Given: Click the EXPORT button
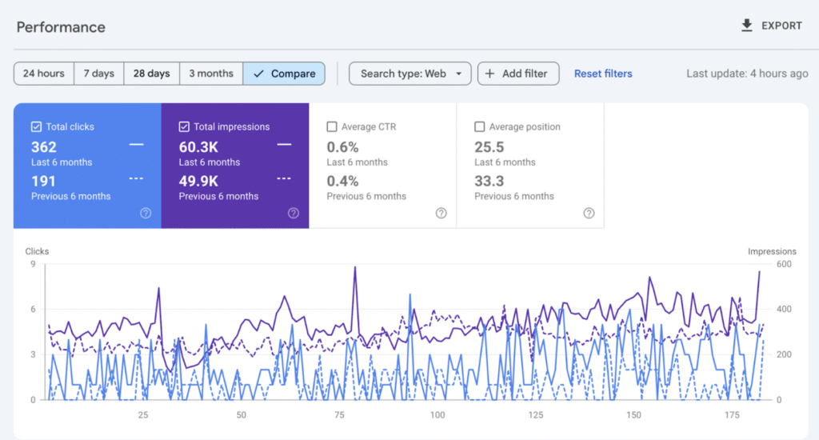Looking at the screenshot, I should [771, 26].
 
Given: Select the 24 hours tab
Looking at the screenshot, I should [44, 74].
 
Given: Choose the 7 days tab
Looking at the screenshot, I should [99, 74].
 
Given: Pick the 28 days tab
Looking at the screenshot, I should [151, 74].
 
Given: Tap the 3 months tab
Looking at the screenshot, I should [211, 74].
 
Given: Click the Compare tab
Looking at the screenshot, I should [284, 74].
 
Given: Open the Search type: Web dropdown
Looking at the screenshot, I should [410, 74].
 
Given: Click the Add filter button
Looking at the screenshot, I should [517, 74].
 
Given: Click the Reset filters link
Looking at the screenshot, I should [603, 74].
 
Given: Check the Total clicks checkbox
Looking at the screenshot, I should [36, 126].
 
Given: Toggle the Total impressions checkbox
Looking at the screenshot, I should [184, 126].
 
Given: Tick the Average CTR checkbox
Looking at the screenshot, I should [332, 126].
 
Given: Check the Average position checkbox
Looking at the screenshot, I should [480, 126].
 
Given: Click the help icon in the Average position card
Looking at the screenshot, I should [589, 213].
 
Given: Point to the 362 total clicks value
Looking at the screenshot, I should [44, 147].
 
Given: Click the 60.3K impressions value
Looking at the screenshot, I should [198, 147].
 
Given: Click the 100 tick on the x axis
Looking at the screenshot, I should [437, 415].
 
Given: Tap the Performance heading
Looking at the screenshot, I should [61, 27].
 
